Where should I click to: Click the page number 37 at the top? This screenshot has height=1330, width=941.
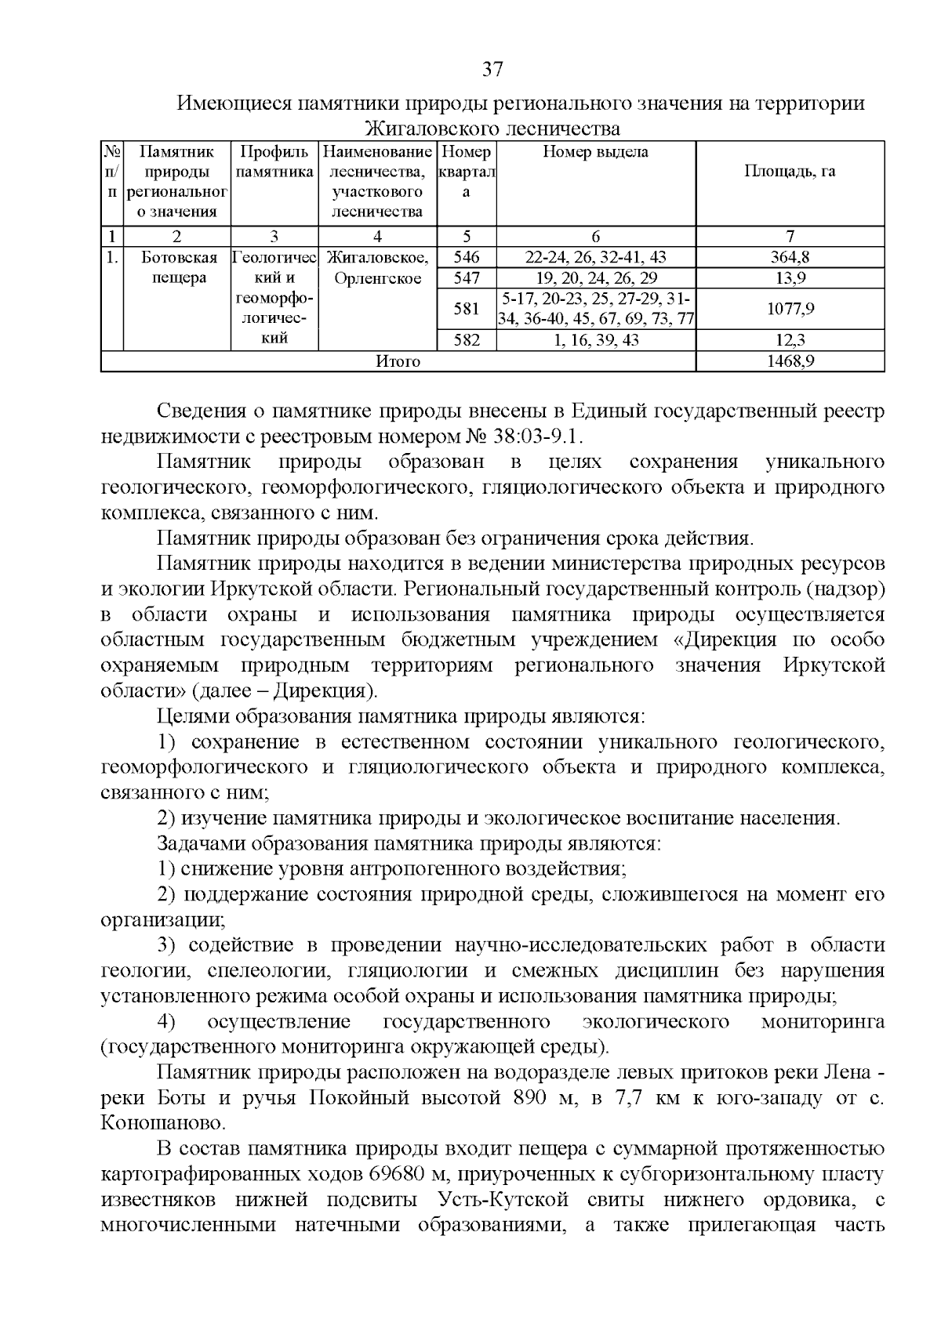492,70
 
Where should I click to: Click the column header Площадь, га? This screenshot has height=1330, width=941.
790,172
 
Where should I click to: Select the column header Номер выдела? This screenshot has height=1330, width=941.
596,152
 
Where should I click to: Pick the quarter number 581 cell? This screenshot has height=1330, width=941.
466,309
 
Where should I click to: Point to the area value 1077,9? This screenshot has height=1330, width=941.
790,309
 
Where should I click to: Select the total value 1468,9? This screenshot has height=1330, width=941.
790,361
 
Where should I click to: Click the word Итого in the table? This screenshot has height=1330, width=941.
398,361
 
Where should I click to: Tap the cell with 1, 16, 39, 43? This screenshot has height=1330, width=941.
596,340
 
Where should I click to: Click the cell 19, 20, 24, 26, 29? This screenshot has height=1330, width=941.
596,278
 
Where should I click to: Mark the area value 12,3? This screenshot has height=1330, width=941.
790,340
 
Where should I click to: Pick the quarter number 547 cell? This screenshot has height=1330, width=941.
466,278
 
